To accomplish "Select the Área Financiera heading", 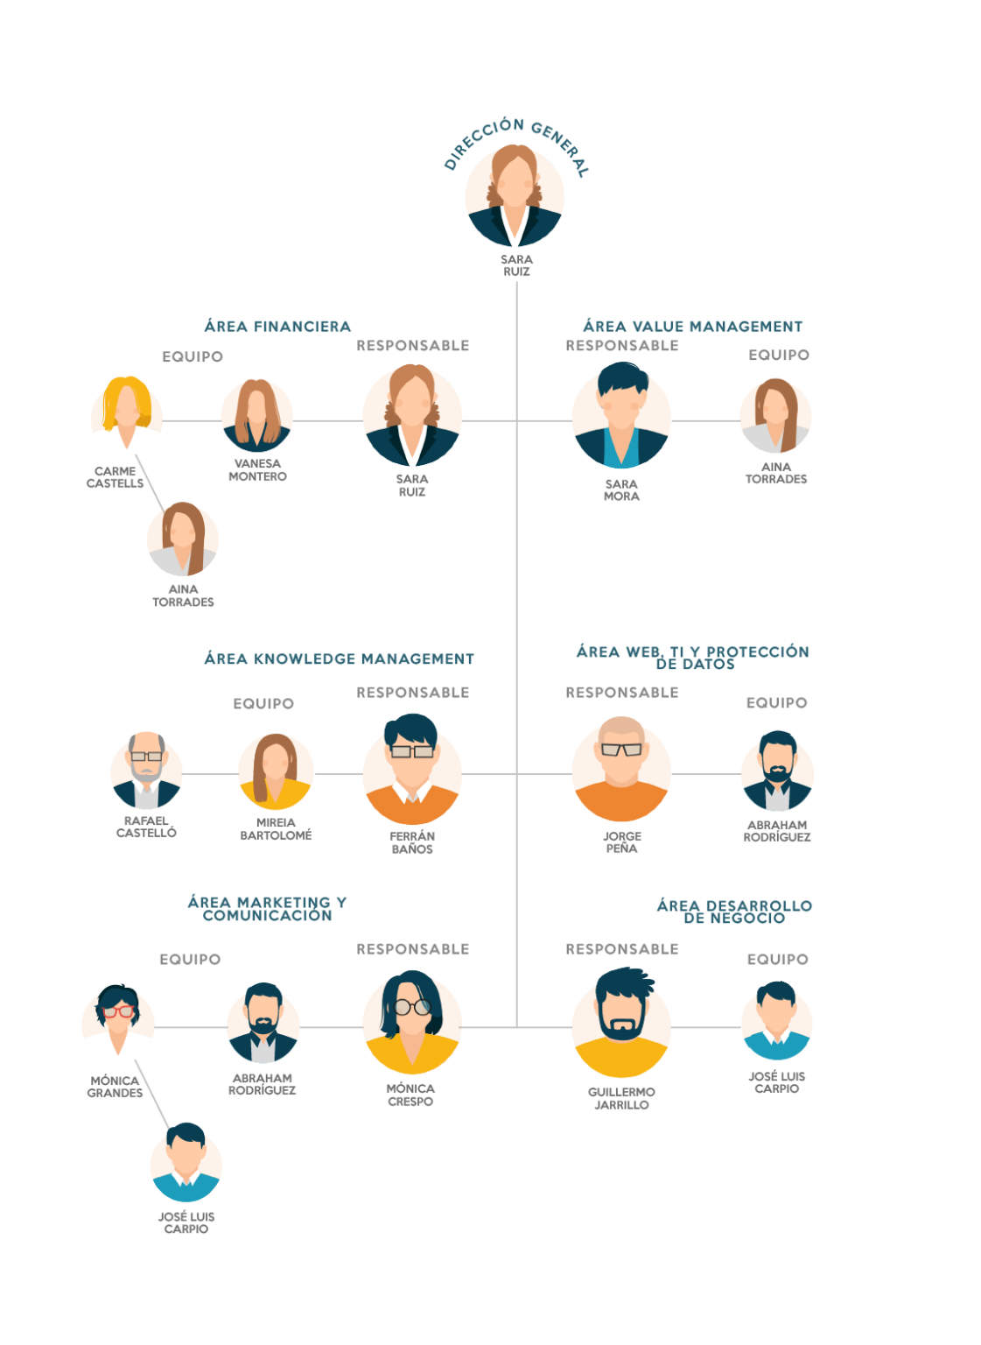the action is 277,326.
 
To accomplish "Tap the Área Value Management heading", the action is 692,326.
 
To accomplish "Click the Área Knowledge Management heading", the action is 339,658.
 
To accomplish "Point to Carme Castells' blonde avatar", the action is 127,412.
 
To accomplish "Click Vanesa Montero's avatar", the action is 256,416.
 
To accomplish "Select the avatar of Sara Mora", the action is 621,415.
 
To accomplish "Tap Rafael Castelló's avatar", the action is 146,771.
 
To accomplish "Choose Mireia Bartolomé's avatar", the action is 276,771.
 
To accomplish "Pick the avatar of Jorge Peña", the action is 621,769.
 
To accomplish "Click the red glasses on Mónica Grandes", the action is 118,1011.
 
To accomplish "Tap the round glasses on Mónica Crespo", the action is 412,1007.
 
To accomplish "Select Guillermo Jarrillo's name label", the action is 621,1098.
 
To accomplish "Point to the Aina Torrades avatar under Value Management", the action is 776,416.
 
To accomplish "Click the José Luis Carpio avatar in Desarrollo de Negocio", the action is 777,1021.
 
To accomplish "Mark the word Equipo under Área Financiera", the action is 193,356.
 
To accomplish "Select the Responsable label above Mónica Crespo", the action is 413,949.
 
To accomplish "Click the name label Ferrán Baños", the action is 412,842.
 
